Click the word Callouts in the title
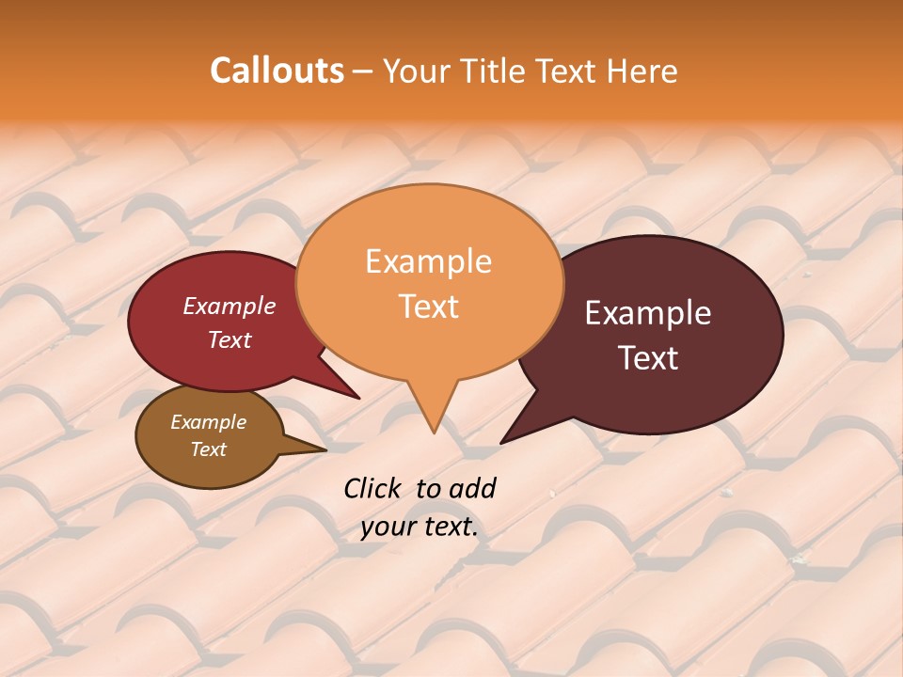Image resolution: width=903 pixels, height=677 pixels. point(277,71)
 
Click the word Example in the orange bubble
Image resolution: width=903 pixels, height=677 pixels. point(428,261)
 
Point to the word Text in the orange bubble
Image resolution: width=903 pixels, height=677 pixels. point(428,307)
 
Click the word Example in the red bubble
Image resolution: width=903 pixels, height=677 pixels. point(229,306)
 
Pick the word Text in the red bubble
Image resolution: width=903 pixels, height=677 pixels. point(229,339)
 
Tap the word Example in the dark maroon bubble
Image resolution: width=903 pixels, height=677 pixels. point(648,313)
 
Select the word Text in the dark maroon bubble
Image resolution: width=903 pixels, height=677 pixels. point(648,358)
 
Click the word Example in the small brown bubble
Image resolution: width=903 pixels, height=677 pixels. point(208,422)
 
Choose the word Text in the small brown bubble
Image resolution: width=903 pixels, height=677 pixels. point(208,449)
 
